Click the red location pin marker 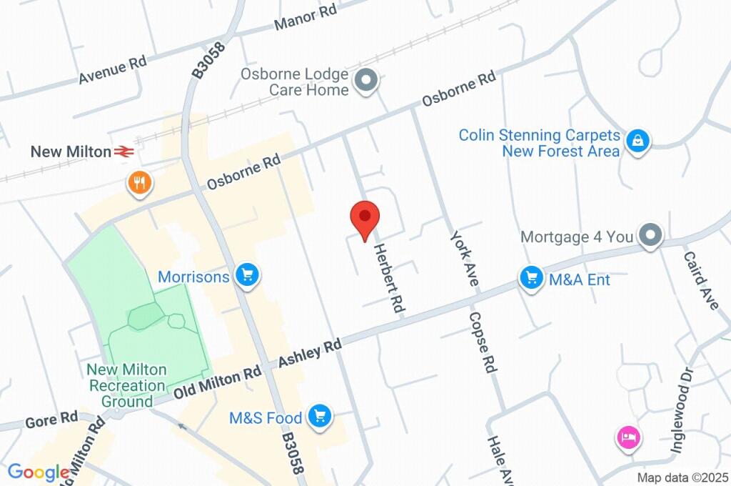(x=365, y=218)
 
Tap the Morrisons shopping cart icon (x=248, y=276)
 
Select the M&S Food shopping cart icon (x=320, y=416)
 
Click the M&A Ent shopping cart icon (x=530, y=279)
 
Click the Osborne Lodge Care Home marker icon (x=366, y=81)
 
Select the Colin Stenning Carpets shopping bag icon (x=635, y=142)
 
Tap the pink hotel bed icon (x=628, y=437)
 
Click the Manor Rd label (x=306, y=19)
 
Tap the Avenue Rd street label (x=113, y=70)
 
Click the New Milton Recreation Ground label (x=126, y=385)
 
